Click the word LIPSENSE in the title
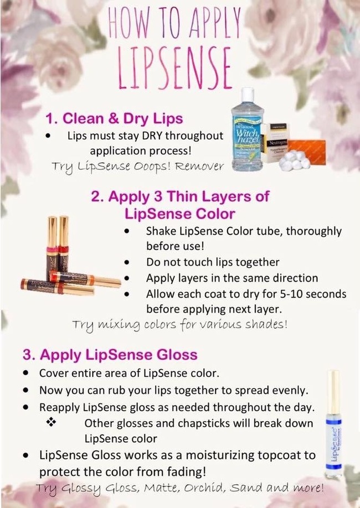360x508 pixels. pyautogui.click(x=175, y=69)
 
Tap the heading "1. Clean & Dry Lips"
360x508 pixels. pyautogui.click(x=114, y=118)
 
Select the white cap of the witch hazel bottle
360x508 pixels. pyautogui.click(x=248, y=94)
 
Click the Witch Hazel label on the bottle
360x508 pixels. pyautogui.click(x=247, y=136)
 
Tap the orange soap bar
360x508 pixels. pyautogui.click(x=306, y=152)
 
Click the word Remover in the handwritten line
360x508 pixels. pyautogui.click(x=199, y=167)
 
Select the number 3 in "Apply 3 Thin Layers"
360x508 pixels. pyautogui.click(x=158, y=196)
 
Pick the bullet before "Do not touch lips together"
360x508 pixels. pyautogui.click(x=127, y=262)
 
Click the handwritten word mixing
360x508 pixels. pyautogui.click(x=114, y=325)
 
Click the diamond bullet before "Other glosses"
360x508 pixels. pyautogui.click(x=51, y=422)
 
